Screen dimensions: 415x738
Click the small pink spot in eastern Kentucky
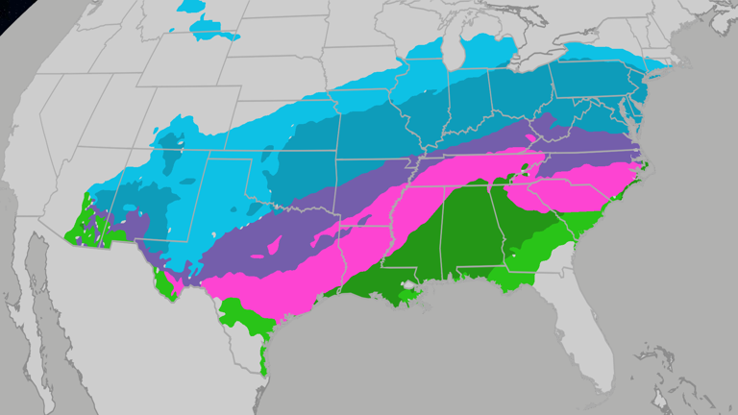tap(534, 137)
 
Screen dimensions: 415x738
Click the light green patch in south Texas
tap(244, 322)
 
